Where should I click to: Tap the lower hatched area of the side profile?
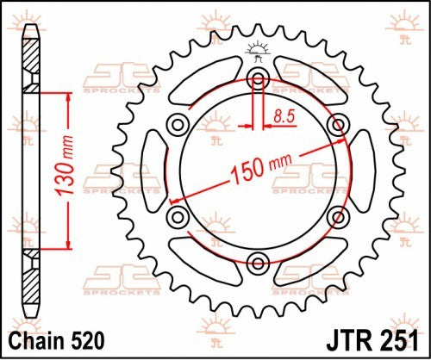click(x=31, y=276)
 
